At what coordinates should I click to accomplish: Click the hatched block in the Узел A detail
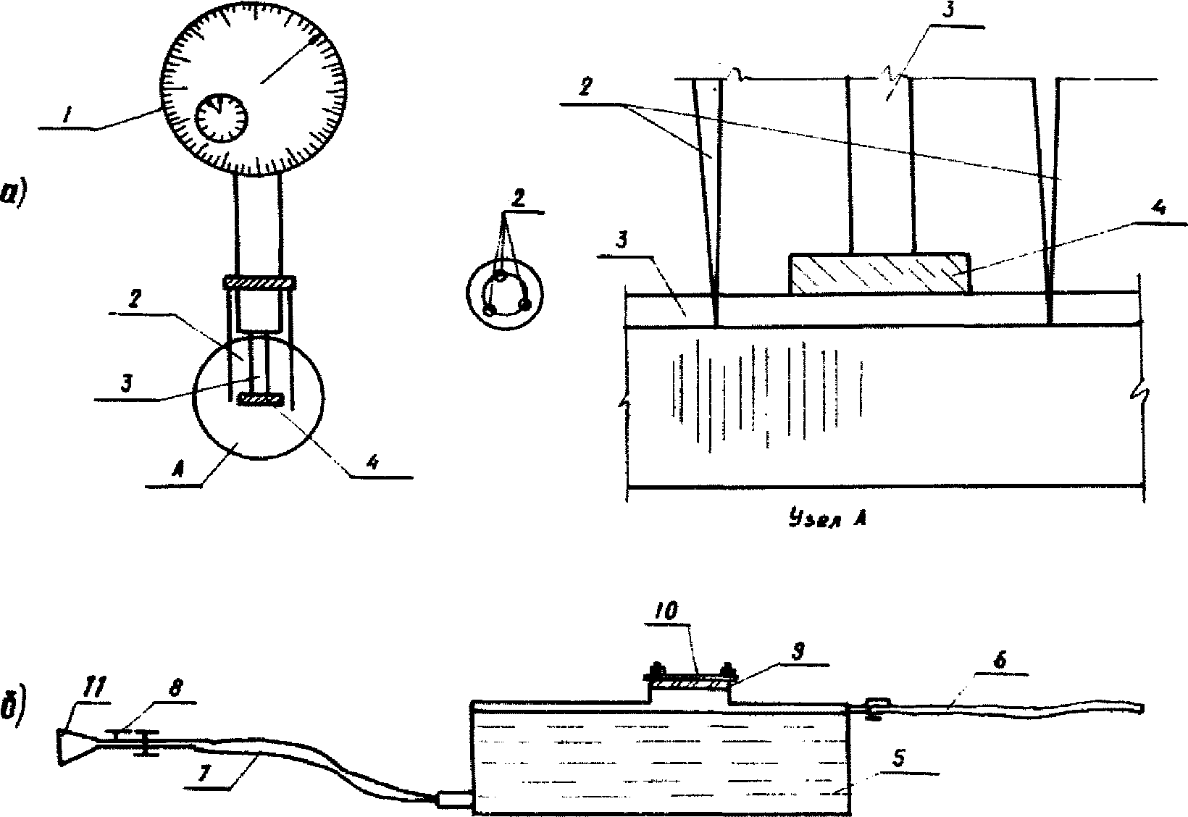[x=879, y=274]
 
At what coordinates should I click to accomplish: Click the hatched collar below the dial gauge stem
[x=259, y=282]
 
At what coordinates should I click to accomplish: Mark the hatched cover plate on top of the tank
[x=690, y=681]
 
